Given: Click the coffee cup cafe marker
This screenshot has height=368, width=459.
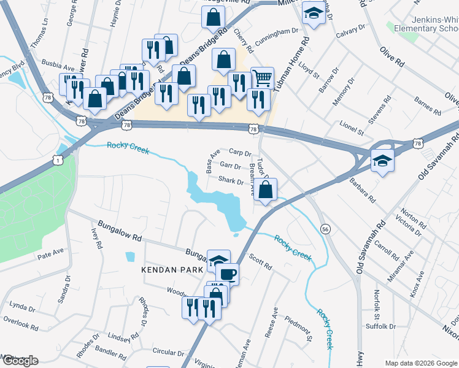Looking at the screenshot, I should (x=227, y=274).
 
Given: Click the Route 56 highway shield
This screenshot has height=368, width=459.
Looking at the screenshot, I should (x=326, y=229).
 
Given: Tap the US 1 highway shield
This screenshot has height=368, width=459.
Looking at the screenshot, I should (x=58, y=159).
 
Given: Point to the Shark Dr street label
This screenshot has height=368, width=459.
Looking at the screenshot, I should (x=231, y=180).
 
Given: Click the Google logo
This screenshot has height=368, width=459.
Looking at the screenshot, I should (x=20, y=360).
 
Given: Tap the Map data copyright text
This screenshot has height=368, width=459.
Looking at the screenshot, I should (x=420, y=363).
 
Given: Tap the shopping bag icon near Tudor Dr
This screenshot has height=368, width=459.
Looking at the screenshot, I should (x=265, y=189).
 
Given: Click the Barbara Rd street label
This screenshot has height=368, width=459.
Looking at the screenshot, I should (x=363, y=191).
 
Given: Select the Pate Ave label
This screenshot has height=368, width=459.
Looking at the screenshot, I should (x=50, y=252).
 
